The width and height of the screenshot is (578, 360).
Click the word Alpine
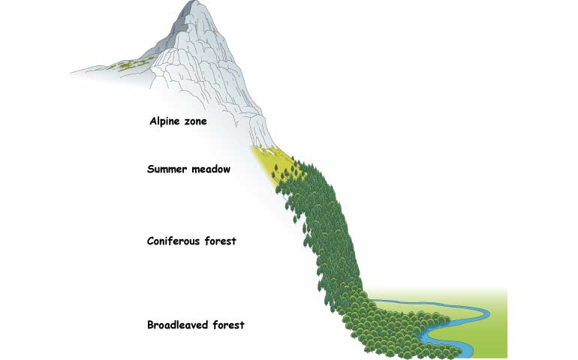pyautogui.click(x=165, y=121)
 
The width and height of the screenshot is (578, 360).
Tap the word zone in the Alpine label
pyautogui.click(x=195, y=121)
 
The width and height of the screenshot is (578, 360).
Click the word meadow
pyautogui.click(x=211, y=169)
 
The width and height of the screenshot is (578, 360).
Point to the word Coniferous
pyautogui.click(x=173, y=241)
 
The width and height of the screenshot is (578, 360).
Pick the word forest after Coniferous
pyautogui.click(x=221, y=241)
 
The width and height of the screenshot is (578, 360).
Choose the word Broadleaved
pyautogui.click(x=173, y=325)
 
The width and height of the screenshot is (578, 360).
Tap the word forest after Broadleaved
pyautogui.click(x=228, y=325)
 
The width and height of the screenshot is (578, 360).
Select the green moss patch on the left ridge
pyautogui.click(x=127, y=64)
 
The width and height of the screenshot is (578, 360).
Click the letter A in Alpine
pyautogui.click(x=154, y=121)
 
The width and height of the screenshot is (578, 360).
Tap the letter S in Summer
pyautogui.click(x=151, y=169)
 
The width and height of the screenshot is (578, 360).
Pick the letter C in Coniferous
pyautogui.click(x=151, y=241)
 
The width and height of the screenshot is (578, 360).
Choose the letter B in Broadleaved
pyautogui.click(x=151, y=325)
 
